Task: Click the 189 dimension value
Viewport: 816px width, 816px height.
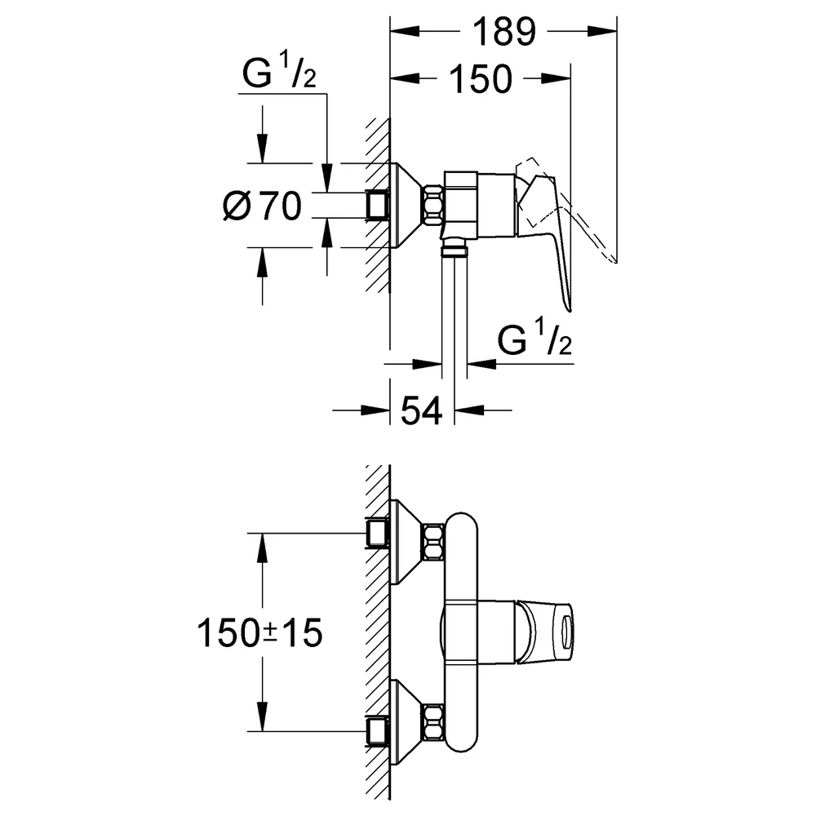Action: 503,32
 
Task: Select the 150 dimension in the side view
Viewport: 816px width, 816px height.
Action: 481,79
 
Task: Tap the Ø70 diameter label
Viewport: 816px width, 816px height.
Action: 262,206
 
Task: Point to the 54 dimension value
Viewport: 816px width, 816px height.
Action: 422,410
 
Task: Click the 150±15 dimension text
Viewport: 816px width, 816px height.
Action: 259,633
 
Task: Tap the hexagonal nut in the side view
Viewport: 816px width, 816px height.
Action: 434,206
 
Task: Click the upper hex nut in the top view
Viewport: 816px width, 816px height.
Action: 434,543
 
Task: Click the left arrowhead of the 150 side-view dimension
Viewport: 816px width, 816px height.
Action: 406,79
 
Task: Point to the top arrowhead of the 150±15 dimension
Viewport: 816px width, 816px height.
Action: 262,548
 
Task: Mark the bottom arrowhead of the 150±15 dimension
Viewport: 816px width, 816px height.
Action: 262,716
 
